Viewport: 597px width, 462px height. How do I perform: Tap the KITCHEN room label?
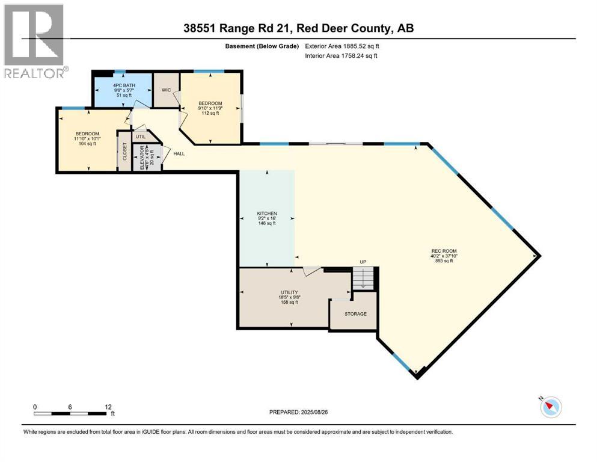tap(266, 214)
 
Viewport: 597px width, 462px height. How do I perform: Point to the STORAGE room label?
tap(355, 314)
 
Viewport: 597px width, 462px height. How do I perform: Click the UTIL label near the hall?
tap(141, 137)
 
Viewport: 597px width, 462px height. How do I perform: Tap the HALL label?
tap(179, 154)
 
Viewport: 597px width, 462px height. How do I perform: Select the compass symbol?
tap(551, 407)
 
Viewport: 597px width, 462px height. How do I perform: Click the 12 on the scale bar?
tap(108, 407)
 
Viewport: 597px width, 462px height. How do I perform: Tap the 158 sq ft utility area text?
tap(290, 303)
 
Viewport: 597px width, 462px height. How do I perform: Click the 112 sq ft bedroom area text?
tap(210, 114)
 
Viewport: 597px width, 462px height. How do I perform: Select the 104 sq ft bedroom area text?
tap(87, 144)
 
